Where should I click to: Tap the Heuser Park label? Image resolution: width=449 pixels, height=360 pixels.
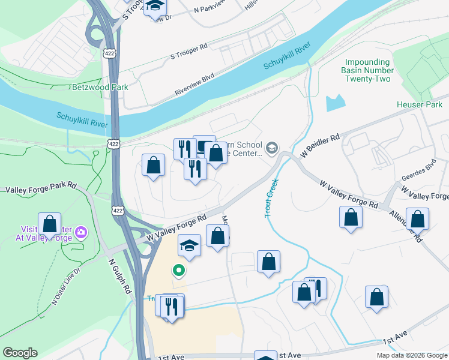point(419,104)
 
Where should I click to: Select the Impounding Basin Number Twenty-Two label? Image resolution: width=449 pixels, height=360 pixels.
point(368,70)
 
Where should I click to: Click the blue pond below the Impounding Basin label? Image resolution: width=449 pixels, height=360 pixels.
point(334,104)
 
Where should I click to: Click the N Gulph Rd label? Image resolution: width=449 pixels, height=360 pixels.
point(120,275)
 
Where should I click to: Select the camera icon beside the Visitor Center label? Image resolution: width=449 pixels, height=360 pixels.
point(81,232)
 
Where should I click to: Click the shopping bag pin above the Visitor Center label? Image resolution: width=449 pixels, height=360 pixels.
point(49,223)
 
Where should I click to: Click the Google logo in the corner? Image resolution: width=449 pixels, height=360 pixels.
point(20,353)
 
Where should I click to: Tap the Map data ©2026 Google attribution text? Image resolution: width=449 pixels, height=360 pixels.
point(411,355)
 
